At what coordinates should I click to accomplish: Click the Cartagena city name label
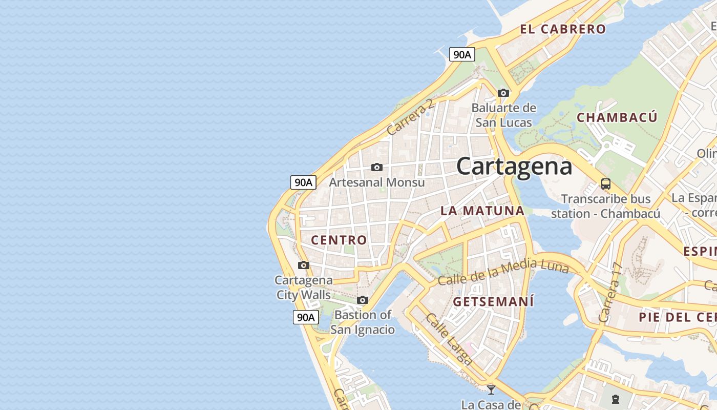(x=514, y=167)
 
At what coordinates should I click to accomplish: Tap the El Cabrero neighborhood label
(x=563, y=29)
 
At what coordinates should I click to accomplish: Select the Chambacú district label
(x=617, y=117)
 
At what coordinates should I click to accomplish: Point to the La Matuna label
(x=482, y=211)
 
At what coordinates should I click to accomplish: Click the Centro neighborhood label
(x=339, y=240)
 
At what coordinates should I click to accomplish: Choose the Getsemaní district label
(x=494, y=301)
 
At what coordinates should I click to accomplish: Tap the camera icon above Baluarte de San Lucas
(x=503, y=93)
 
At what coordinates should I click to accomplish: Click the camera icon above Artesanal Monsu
(x=377, y=168)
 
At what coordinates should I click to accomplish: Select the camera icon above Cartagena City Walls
(x=304, y=265)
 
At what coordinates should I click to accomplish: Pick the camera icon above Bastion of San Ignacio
(x=363, y=300)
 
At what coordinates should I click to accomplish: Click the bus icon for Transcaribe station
(x=606, y=184)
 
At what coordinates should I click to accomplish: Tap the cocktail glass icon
(x=491, y=389)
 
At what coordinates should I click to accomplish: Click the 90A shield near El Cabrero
(x=462, y=54)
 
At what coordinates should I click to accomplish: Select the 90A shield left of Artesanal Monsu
(x=303, y=182)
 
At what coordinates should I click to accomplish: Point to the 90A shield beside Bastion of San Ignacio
(x=306, y=317)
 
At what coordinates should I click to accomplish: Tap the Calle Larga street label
(x=449, y=339)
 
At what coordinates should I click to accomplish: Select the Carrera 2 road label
(x=410, y=117)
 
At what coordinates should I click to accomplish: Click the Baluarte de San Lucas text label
(x=503, y=115)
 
